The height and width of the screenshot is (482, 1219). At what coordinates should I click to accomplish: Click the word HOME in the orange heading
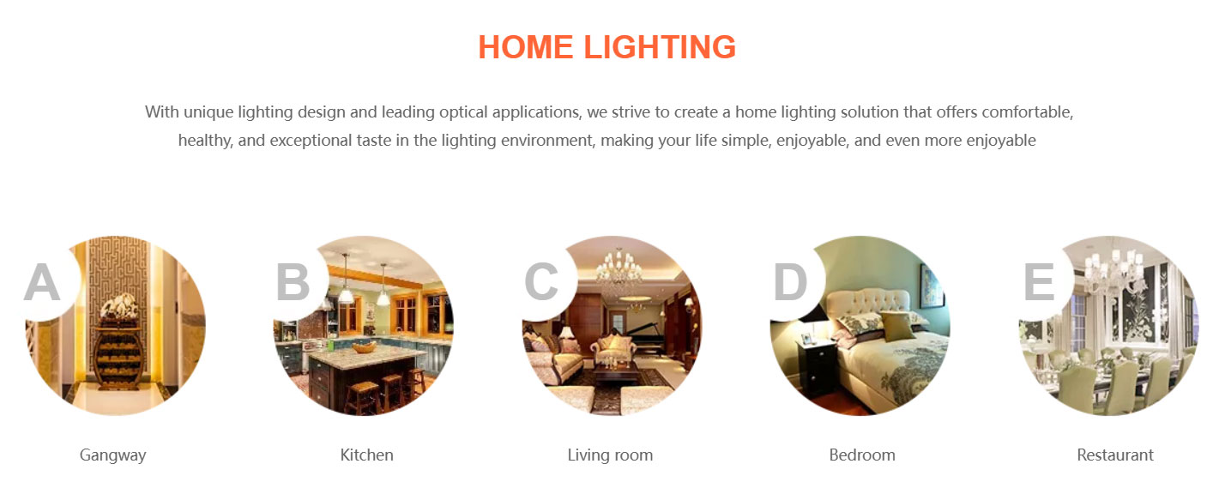[525, 47]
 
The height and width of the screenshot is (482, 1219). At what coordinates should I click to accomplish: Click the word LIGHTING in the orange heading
[660, 47]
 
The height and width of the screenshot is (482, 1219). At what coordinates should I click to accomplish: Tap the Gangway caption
[113, 455]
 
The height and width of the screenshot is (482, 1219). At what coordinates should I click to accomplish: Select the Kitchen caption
[367, 455]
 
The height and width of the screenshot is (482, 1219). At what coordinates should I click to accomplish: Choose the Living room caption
[610, 455]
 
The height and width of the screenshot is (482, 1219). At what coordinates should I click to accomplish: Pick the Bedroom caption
[862, 455]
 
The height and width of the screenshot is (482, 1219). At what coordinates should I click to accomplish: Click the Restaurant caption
[1115, 455]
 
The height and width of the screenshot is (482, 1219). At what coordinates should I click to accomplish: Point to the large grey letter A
[42, 282]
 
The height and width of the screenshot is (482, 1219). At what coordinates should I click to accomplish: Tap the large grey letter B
[293, 282]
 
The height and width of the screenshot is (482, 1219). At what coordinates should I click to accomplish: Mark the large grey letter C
[541, 282]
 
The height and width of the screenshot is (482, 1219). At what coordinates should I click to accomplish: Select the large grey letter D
[790, 282]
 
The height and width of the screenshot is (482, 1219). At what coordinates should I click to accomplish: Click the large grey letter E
[1039, 282]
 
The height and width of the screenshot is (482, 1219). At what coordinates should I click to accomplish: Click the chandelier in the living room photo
[619, 270]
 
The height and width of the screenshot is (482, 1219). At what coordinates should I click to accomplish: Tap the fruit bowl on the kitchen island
[365, 346]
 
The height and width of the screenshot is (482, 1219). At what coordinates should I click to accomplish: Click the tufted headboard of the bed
[867, 305]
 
